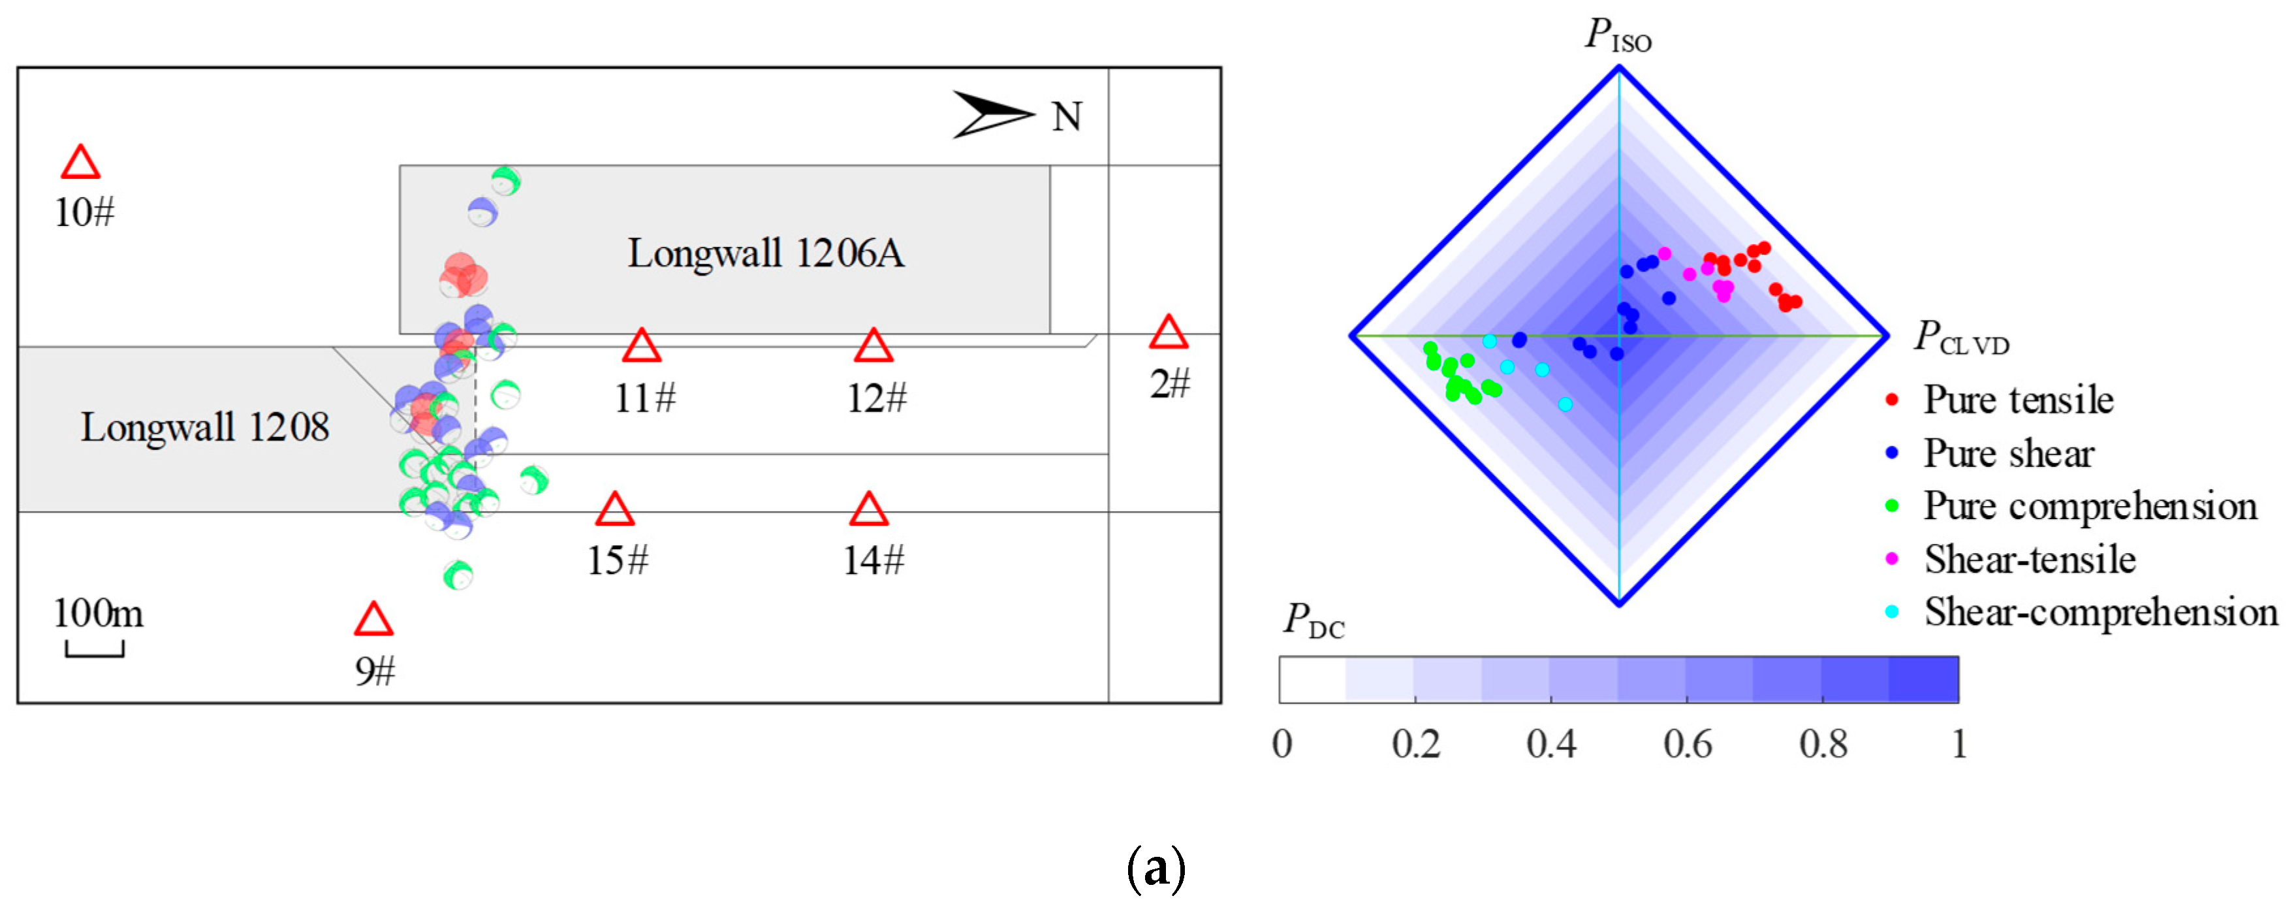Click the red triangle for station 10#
80,164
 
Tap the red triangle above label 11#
641,346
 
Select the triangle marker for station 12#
873,346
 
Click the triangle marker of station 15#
614,510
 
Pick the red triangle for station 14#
868,510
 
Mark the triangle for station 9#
373,620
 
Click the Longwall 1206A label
766,253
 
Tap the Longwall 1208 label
205,427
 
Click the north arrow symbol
991,115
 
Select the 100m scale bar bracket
95,650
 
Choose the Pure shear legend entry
2007,453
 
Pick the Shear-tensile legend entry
2028,559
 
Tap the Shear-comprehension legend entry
2099,613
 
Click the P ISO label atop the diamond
1618,36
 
